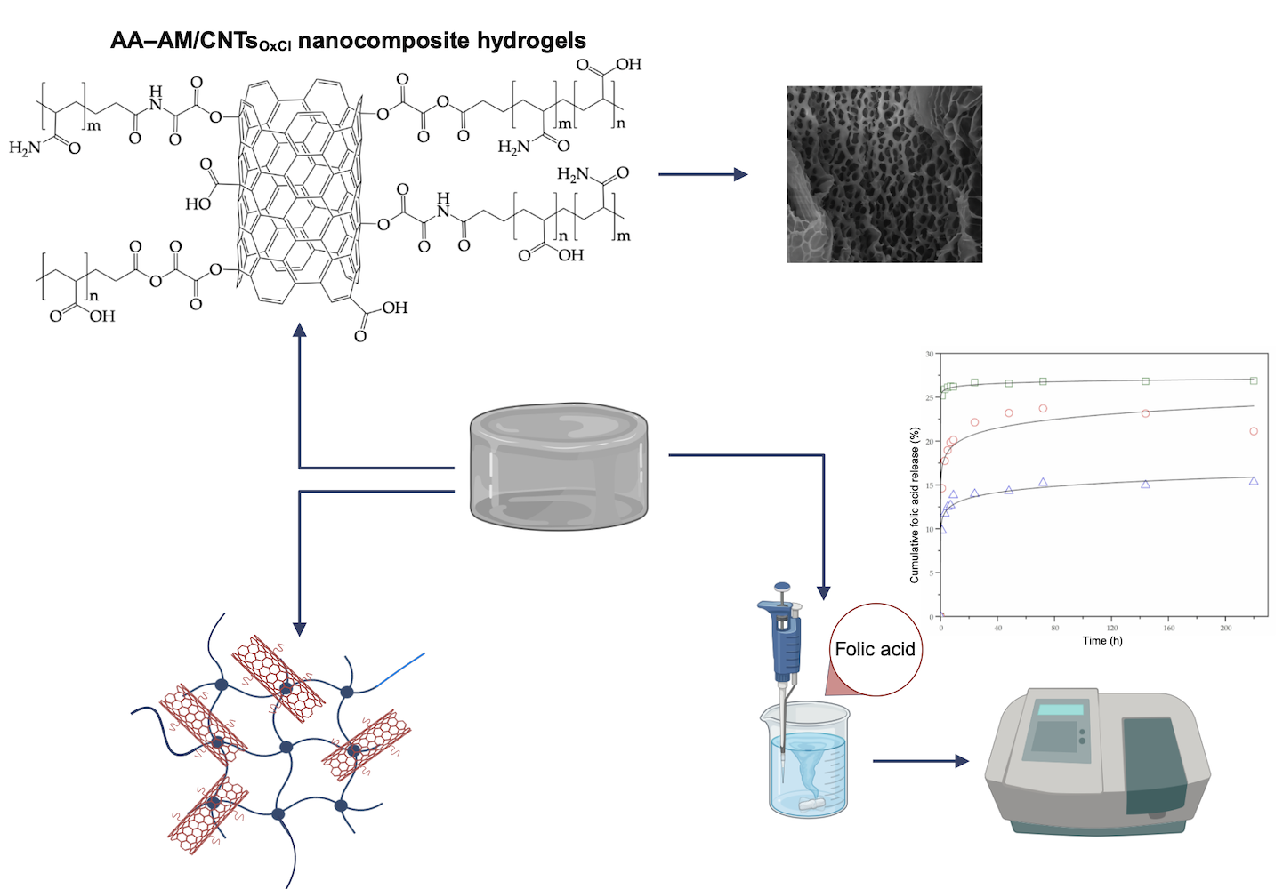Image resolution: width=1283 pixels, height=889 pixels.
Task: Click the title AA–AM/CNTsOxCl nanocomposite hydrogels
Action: point(348,41)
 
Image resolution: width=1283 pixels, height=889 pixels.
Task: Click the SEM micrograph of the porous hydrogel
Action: point(884,174)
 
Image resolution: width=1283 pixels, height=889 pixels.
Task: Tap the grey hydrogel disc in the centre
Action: point(558,466)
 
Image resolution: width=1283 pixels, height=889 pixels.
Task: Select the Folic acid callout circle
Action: point(875,649)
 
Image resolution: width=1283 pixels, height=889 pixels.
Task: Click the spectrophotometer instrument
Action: point(1097,761)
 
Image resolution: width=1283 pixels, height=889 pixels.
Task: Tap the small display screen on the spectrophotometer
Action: point(1061,709)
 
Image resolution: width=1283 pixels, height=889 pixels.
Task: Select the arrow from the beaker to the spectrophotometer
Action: point(920,761)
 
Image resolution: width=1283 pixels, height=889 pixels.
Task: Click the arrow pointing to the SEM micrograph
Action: point(703,175)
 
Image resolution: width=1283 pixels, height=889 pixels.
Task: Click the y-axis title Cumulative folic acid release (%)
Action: point(915,505)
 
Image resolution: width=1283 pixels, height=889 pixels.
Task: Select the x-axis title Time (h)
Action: point(1102,640)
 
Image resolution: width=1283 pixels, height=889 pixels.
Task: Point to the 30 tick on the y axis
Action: point(930,354)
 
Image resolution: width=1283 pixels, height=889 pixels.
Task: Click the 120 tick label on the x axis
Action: point(1112,628)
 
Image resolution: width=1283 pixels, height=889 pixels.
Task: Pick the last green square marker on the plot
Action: point(1254,380)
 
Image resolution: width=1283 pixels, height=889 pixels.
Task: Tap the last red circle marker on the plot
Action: point(1254,431)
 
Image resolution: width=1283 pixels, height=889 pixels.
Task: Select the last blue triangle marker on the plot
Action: point(1254,481)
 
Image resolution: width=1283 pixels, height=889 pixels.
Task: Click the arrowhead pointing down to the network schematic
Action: point(300,628)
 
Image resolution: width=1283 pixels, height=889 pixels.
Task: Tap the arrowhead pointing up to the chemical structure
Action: point(300,331)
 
